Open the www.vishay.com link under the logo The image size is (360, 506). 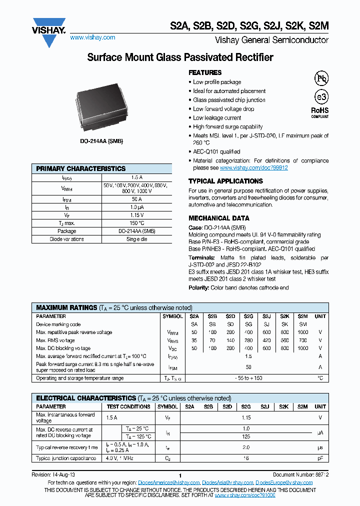[x=92, y=37]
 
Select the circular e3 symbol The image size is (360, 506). [x=320, y=96]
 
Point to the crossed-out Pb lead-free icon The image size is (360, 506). [x=320, y=78]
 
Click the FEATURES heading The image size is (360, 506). [x=205, y=72]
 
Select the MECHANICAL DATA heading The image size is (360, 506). [x=218, y=218]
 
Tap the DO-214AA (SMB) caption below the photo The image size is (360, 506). [x=101, y=141]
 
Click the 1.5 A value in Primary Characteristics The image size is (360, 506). [x=136, y=177]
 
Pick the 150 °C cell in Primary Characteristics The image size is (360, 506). [x=136, y=223]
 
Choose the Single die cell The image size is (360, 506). [x=136, y=239]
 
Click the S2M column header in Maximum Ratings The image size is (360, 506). [x=302, y=316]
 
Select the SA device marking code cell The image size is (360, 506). [x=194, y=324]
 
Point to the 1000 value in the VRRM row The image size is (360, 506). [x=302, y=332]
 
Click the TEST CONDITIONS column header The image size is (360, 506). [x=128, y=406]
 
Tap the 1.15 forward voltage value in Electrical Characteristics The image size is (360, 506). [x=246, y=417]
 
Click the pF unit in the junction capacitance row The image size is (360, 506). [x=320, y=458]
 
